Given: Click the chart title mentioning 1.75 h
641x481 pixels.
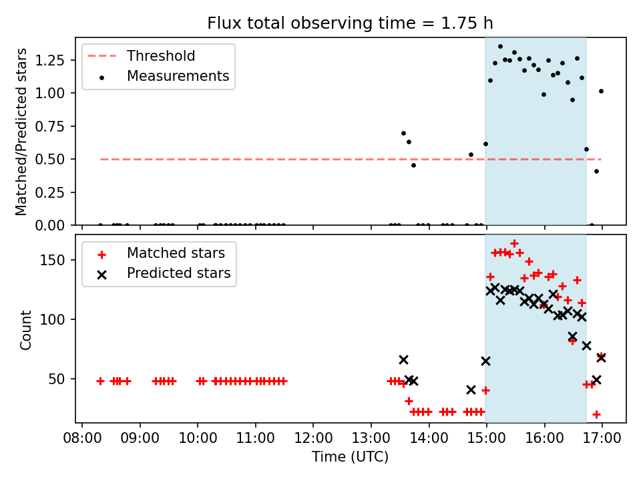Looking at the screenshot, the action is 350,23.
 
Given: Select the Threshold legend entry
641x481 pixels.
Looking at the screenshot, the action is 142,55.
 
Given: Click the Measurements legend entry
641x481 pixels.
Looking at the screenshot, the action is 164,76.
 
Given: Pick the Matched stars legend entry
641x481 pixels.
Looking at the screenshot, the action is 161,253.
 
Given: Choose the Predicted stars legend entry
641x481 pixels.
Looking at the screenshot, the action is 164,273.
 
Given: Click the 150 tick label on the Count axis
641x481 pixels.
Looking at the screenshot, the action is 52,260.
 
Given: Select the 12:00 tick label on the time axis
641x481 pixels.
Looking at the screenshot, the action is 314,438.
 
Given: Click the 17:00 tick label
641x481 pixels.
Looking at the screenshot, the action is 602,438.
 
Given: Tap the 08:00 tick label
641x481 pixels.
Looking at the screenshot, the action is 82,438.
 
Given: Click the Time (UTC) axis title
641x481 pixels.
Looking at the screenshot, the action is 350,456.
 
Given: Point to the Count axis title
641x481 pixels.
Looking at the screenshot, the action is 26,329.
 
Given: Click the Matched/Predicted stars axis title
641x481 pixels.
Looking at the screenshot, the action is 21,132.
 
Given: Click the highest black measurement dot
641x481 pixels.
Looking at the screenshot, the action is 500,47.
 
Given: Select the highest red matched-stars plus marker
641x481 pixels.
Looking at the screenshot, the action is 514,243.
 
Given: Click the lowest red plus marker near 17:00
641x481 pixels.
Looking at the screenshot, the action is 596,414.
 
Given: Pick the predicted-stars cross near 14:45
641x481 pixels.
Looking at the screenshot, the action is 471,389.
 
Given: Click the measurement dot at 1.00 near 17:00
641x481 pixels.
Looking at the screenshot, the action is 601,92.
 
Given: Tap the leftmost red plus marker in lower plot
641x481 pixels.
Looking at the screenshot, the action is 101,381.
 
